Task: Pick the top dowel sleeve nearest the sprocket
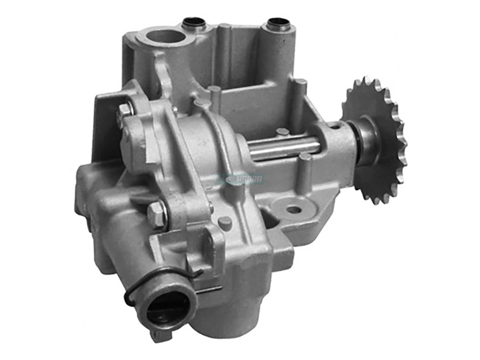(x=278, y=24)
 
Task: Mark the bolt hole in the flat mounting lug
(x=294, y=209)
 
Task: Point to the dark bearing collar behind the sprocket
(x=366, y=140)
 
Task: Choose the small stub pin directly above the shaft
(x=282, y=132)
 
